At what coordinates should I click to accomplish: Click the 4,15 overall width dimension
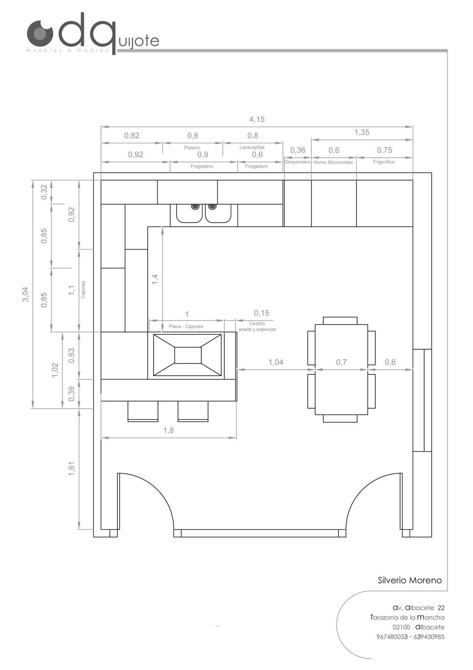257,119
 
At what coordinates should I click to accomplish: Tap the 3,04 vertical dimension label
26,294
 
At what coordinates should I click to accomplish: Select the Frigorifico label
384,162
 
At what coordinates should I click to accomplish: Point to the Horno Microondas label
333,162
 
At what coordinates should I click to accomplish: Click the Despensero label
297,162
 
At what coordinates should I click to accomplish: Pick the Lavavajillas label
252,147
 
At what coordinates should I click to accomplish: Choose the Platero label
192,148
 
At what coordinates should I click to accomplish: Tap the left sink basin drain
195,206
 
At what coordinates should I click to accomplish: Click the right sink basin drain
212,206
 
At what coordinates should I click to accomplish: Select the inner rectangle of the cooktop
188,355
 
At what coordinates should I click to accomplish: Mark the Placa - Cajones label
185,326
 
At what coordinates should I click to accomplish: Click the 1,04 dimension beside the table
276,362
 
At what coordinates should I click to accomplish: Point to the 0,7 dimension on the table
341,362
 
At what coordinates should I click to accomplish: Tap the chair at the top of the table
340,321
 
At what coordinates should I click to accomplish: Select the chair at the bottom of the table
340,419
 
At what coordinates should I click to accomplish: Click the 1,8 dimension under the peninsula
168,430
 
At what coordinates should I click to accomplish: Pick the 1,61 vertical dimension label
71,469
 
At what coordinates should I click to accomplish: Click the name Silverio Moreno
410,580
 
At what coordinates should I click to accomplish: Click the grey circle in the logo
40,33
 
